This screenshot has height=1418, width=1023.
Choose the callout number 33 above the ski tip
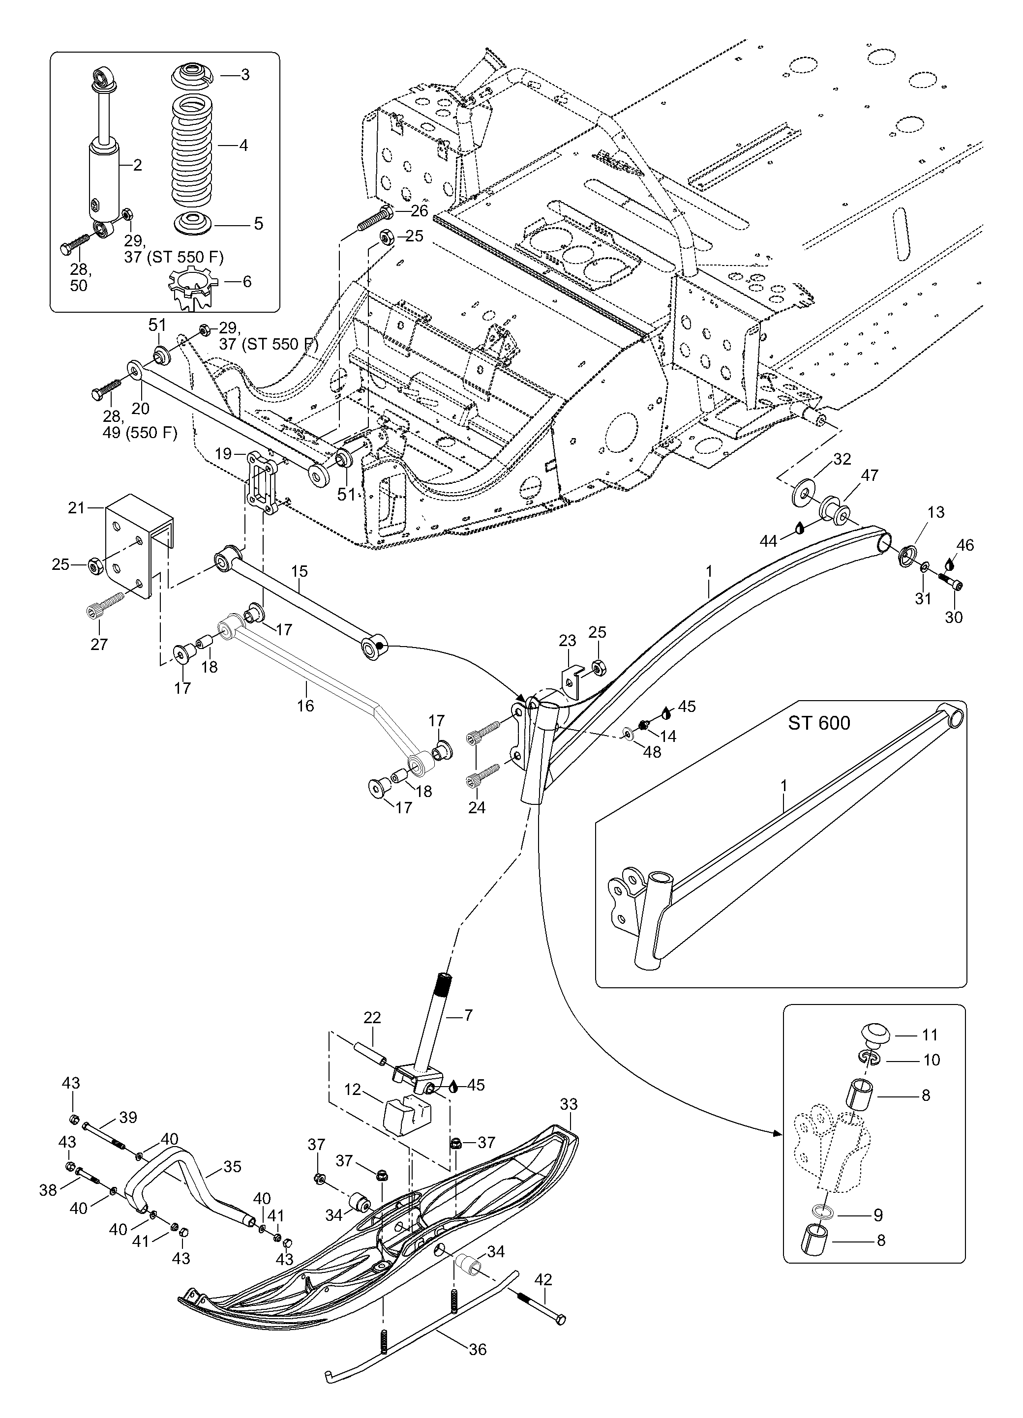coord(569,1104)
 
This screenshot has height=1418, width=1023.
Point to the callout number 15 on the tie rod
coord(299,571)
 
